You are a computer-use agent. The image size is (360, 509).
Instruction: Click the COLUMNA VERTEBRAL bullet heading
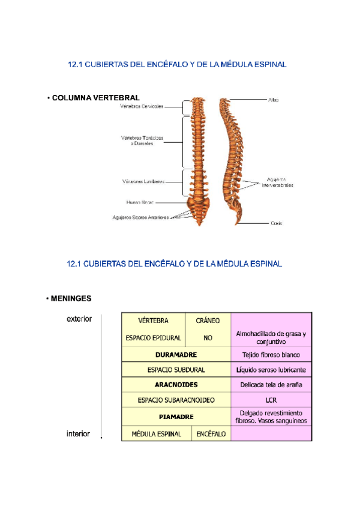95,98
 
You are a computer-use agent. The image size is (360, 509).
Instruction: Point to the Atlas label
273,100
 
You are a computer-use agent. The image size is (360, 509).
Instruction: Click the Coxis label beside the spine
276,223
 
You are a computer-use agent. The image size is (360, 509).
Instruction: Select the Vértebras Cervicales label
142,107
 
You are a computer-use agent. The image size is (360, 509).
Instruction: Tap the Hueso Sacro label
140,202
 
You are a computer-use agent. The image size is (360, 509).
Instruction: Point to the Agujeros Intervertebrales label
277,182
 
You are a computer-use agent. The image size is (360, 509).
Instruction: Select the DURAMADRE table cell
176,355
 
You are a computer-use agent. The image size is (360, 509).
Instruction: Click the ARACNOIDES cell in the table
176,384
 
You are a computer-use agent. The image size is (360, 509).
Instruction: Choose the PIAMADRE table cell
176,416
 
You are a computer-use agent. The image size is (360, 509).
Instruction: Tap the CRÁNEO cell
208,321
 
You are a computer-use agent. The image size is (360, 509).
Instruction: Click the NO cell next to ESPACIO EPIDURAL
208,338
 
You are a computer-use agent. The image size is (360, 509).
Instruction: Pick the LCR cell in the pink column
271,399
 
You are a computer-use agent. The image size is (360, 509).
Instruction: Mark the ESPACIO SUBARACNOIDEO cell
176,399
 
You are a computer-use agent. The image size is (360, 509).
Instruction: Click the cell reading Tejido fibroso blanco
271,355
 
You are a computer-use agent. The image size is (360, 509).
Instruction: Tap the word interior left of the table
78,434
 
